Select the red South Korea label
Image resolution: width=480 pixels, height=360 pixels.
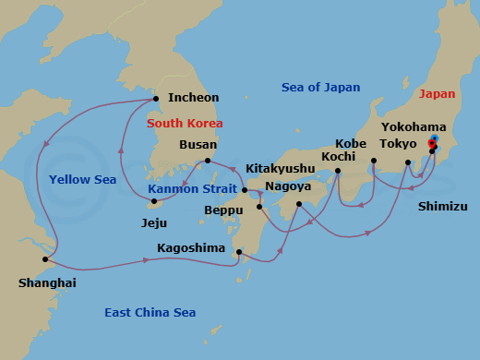point(185,123)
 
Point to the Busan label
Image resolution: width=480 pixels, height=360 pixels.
point(198,145)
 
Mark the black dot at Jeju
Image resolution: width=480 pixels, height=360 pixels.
point(153,201)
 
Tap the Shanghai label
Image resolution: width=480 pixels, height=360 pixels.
point(47,282)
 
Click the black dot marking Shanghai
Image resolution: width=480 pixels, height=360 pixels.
point(45,259)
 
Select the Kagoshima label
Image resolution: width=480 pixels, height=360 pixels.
point(190,248)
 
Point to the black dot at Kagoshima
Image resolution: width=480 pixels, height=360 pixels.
point(239,252)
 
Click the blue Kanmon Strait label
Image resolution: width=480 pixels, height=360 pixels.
point(191,189)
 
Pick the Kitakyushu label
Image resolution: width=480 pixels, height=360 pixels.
point(280,169)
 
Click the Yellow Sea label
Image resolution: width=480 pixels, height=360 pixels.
point(83,180)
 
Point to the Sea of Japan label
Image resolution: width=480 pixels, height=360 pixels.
point(320,88)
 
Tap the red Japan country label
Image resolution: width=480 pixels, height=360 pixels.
point(438,94)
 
